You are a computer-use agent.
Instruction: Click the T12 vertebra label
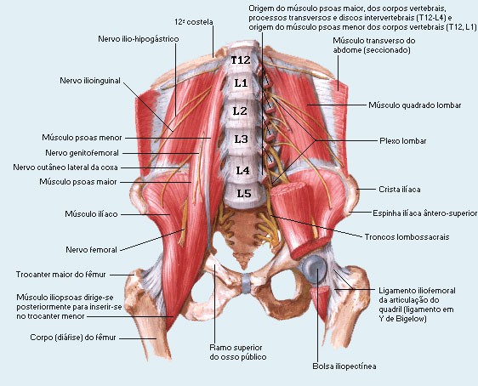[x=241, y=60]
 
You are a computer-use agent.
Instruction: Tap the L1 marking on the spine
[x=241, y=82]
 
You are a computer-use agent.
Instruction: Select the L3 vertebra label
[x=241, y=139]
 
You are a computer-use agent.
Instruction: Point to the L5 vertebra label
[x=244, y=194]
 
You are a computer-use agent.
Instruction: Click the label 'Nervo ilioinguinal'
[x=90, y=81]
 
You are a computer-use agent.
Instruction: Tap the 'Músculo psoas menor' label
[x=82, y=138]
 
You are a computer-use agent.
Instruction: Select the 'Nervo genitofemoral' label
[x=82, y=153]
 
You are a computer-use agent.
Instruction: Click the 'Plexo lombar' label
[x=402, y=141]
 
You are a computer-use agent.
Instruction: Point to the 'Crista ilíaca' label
[x=400, y=190]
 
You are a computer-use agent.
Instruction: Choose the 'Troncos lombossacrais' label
[x=407, y=237]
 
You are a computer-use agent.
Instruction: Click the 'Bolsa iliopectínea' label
[x=344, y=366]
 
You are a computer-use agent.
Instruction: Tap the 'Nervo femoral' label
[x=92, y=250]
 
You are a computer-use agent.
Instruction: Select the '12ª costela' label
[x=194, y=22]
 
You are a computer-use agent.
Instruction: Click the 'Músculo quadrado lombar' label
[x=415, y=105]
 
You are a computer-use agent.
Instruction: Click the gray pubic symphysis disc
[x=246, y=283]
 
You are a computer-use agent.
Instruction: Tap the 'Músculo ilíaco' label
[x=91, y=214]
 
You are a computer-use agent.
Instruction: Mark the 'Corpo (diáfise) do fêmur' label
[x=73, y=338]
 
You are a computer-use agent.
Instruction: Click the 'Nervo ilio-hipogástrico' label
[x=139, y=39]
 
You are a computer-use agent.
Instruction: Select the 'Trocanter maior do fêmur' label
[x=61, y=275]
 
